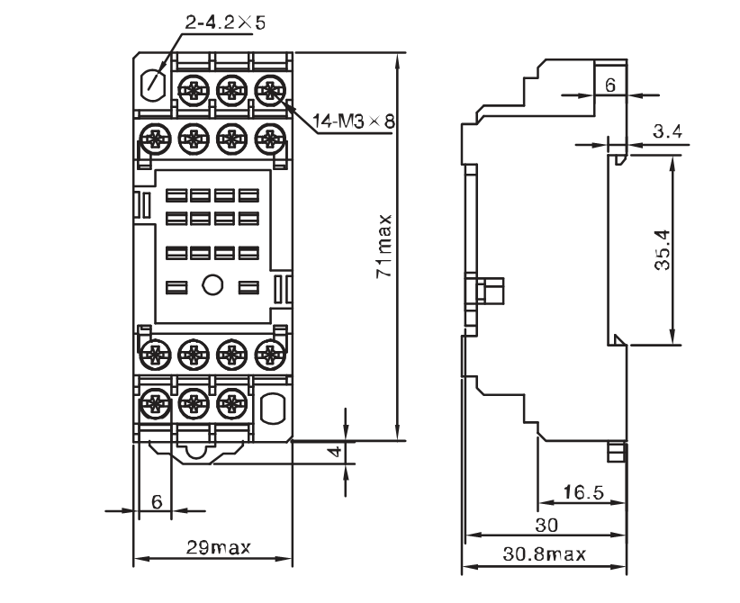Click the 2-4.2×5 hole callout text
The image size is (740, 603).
point(225,22)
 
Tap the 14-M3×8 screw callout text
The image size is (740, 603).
point(354,121)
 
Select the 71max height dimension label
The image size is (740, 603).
point(384,247)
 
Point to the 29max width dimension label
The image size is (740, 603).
point(219,547)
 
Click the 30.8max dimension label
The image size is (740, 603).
point(544,553)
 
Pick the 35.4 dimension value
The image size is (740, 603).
point(663,249)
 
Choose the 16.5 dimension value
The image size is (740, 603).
point(583,492)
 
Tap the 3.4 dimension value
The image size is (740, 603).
point(668,131)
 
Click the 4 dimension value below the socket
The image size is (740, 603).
point(335,452)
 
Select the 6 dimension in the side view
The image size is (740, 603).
point(610,85)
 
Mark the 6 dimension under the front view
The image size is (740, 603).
point(157,501)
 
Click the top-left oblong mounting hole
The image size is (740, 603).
point(153,85)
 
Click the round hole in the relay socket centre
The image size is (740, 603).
point(212,285)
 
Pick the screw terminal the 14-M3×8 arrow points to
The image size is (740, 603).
point(270,90)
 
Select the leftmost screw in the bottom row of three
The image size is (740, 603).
point(155,403)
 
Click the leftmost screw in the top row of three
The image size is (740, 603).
point(194,90)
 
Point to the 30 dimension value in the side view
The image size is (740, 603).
point(546,525)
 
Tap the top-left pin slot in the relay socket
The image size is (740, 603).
point(176,195)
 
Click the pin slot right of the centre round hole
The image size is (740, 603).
point(248,287)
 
